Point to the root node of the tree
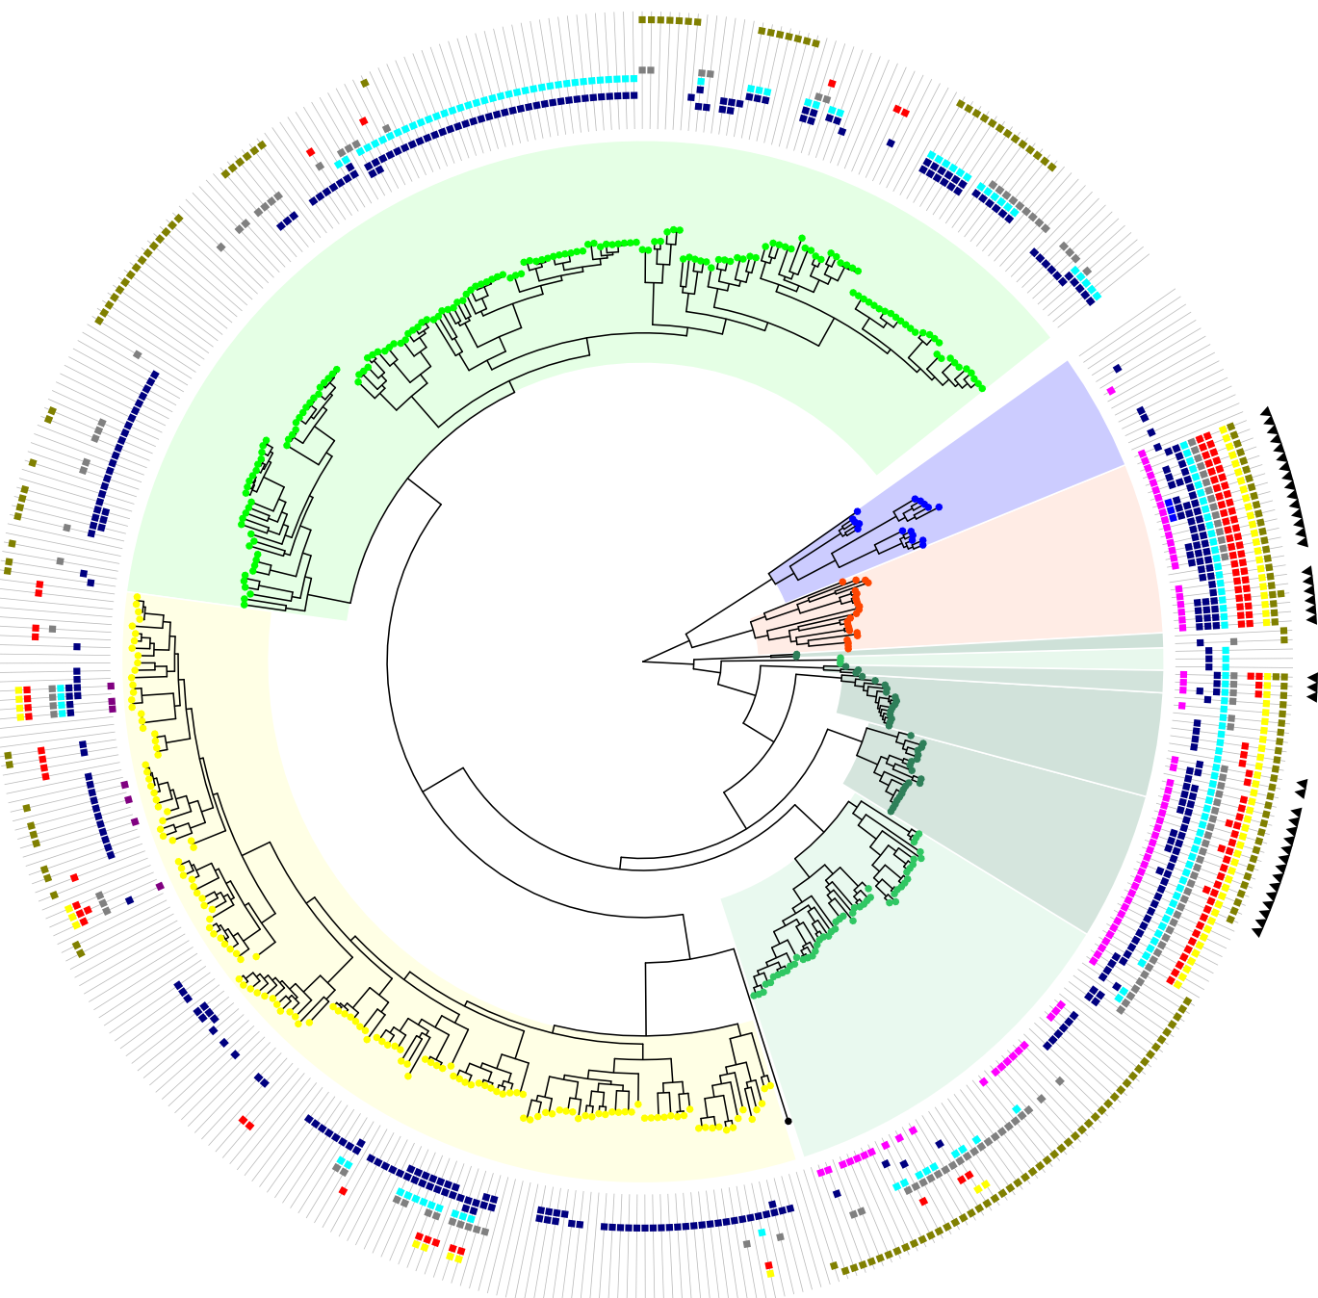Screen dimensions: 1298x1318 [x=643, y=662]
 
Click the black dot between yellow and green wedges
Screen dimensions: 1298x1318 [x=788, y=1121]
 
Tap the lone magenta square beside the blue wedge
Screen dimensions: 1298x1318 [x=1111, y=391]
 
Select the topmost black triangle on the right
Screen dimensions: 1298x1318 [x=1265, y=412]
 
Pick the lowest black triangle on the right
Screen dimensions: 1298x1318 [x=1257, y=929]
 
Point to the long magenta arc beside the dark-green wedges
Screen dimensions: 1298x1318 [x=1136, y=867]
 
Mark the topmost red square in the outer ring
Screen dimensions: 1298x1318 [x=832, y=84]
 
